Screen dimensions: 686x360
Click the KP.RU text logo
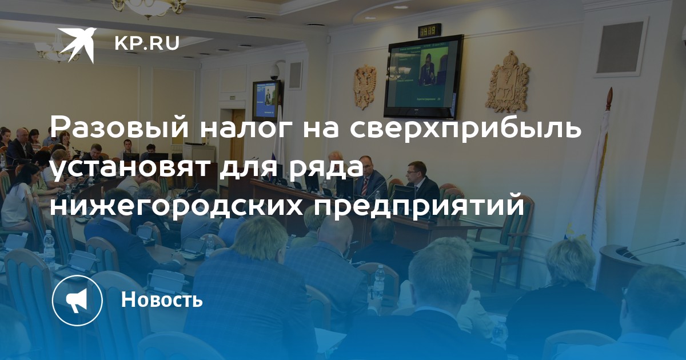[147, 43]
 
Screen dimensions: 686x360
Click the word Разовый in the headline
[119, 128]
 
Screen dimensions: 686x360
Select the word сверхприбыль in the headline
[465, 128]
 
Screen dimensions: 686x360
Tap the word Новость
[162, 299]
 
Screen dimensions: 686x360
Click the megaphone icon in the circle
[77, 300]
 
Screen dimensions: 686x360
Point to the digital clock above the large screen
[430, 31]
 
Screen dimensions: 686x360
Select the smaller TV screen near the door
[266, 101]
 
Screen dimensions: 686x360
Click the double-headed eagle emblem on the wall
[365, 87]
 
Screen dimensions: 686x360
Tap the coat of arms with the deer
[507, 83]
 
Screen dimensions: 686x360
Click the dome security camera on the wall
[274, 72]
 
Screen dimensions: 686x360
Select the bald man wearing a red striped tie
[370, 177]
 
